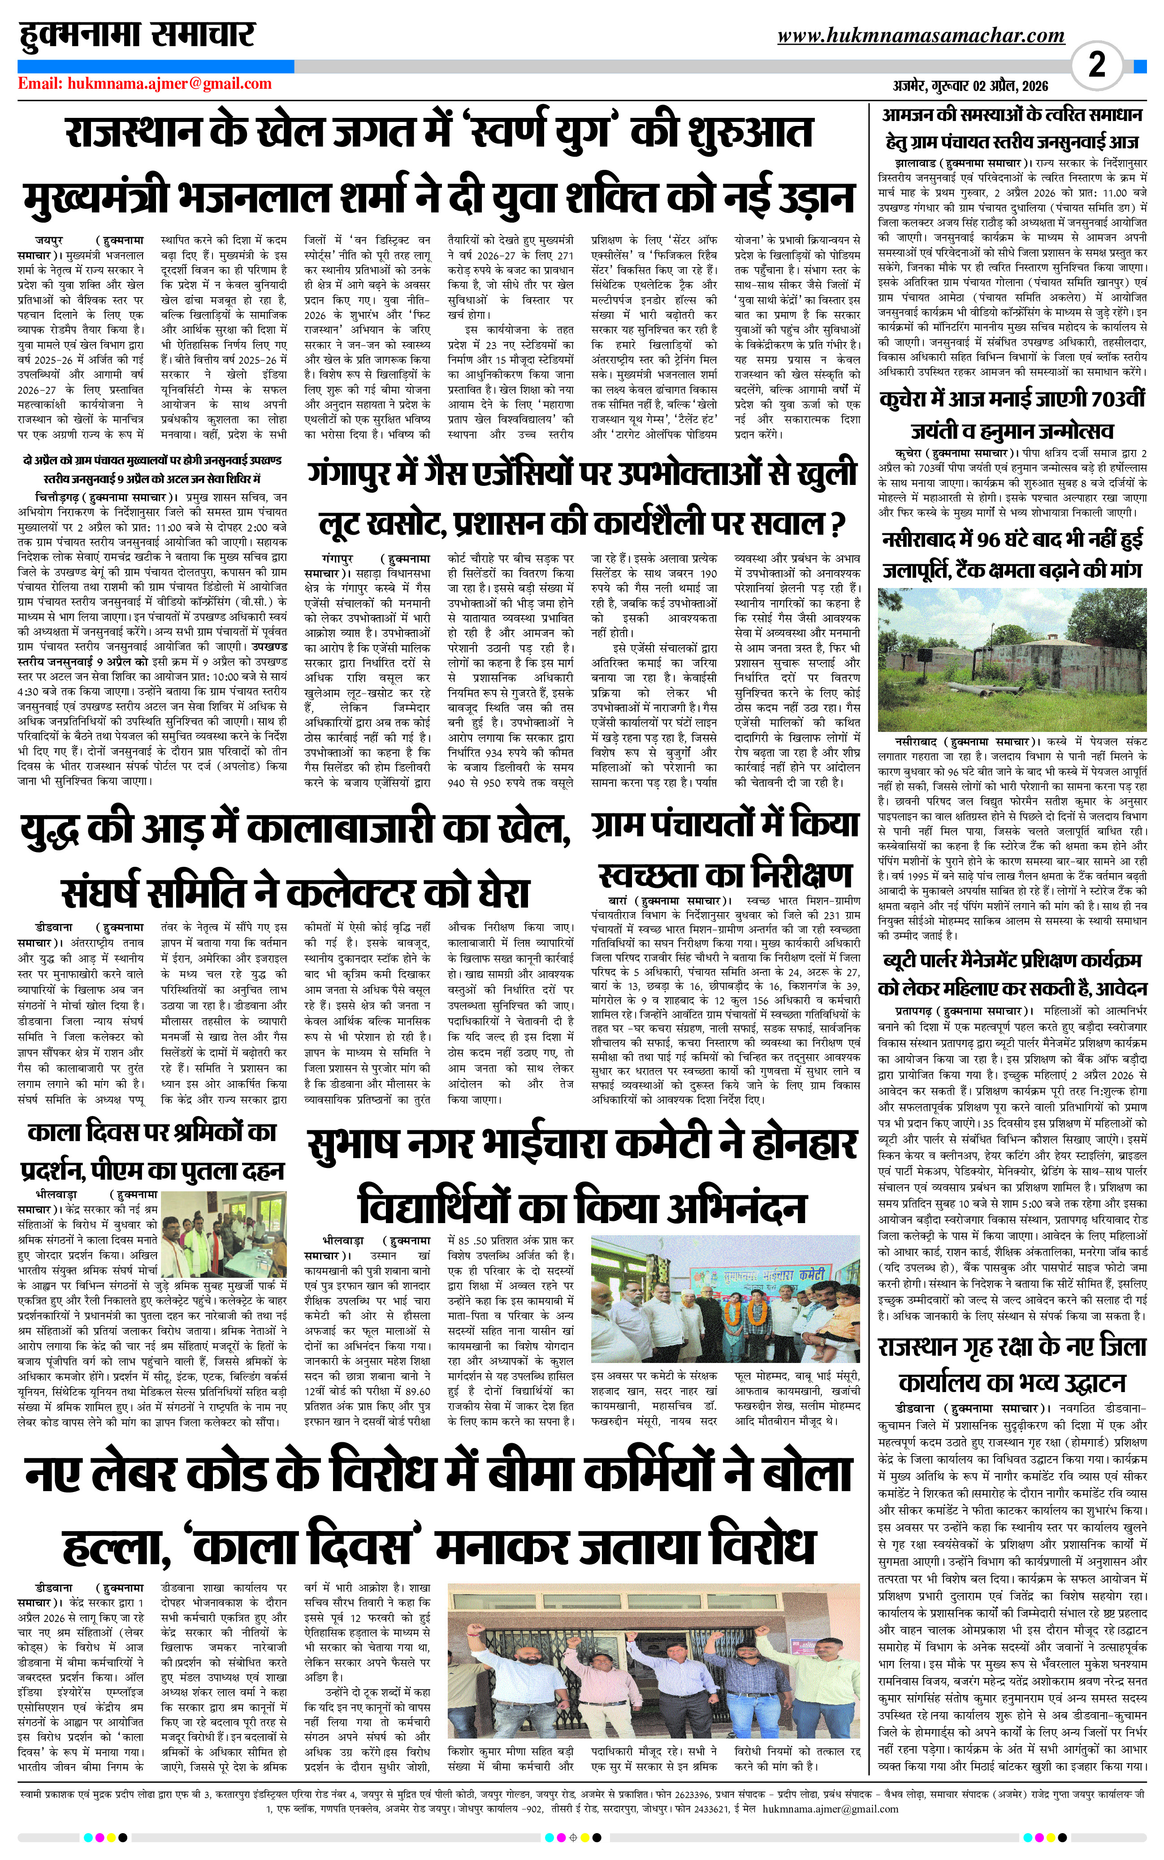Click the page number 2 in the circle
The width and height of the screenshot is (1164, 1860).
[x=1097, y=64]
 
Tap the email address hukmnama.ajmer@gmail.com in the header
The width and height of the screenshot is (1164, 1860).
[x=169, y=84]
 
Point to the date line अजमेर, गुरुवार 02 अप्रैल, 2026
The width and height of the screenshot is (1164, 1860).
[x=970, y=86]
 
